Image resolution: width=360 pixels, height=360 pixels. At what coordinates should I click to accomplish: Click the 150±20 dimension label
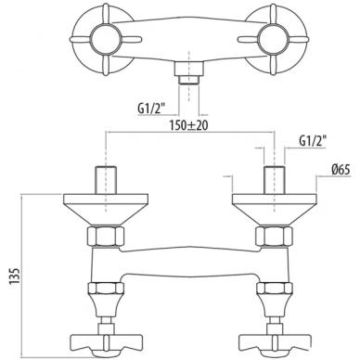pyautogui.click(x=188, y=125)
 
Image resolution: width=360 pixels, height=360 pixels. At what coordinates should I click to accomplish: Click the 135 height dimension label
pyautogui.click(x=16, y=276)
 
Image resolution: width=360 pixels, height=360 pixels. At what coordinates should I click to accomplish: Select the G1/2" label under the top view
pyautogui.click(x=151, y=109)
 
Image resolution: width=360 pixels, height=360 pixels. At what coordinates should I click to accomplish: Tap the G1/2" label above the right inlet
pyautogui.click(x=313, y=141)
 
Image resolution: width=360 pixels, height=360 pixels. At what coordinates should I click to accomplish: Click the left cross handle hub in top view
pyautogui.click(x=105, y=39)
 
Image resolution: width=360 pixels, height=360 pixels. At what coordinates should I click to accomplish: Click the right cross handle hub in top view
pyautogui.click(x=272, y=39)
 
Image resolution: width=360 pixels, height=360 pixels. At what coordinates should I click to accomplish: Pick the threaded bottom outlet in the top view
pyautogui.click(x=188, y=74)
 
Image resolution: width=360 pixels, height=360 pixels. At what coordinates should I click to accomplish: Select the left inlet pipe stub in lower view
pyautogui.click(x=106, y=180)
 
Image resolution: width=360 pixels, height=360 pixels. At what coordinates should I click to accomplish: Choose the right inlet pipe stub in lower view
pyautogui.click(x=274, y=180)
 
